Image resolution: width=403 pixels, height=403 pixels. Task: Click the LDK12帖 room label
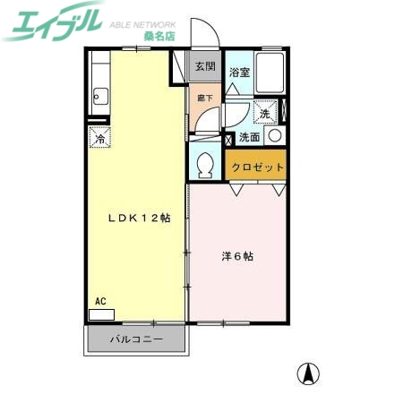[x=141, y=218]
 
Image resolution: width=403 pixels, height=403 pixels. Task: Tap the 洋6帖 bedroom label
[x=237, y=256]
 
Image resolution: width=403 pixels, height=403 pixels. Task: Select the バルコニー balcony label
[x=136, y=339]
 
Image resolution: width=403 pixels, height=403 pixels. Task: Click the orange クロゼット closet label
[x=258, y=167]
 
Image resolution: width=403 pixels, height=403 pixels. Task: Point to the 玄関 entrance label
[x=204, y=66]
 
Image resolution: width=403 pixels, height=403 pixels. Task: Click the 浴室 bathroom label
[x=238, y=72]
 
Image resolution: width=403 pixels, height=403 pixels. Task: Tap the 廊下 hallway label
[x=203, y=98]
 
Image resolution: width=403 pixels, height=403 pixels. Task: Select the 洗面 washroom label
[x=250, y=138]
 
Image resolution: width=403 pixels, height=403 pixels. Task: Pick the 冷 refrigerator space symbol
[x=100, y=138]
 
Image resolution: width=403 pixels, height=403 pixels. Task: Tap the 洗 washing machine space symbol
[x=265, y=114]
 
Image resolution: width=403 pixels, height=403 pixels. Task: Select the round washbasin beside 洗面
[x=274, y=136]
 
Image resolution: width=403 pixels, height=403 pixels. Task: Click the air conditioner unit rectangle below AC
[x=101, y=315]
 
